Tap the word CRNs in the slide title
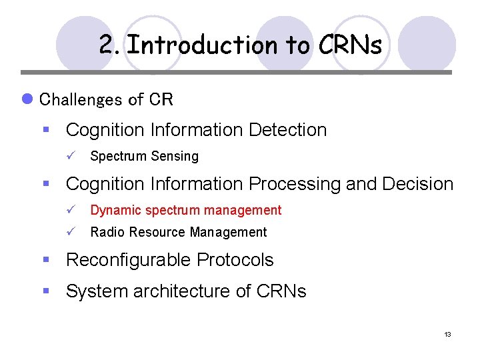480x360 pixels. [x=350, y=45]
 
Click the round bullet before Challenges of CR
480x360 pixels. [x=27, y=99]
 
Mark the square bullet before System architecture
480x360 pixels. [x=47, y=291]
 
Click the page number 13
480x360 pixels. [x=447, y=334]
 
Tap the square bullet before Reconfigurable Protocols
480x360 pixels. [x=47, y=260]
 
